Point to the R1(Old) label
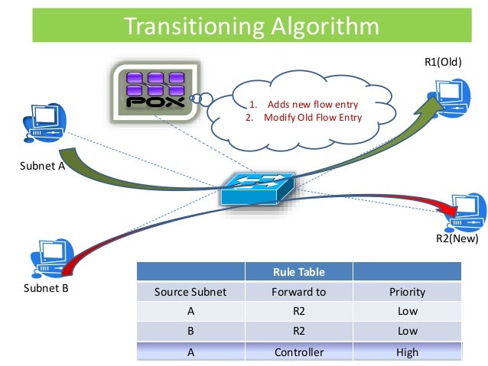click(442, 62)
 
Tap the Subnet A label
click(43, 164)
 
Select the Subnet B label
click(47, 290)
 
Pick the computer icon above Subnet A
click(45, 125)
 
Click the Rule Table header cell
click(298, 272)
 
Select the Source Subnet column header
click(190, 292)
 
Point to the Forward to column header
click(298, 292)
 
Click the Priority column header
click(407, 292)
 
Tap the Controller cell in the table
click(298, 352)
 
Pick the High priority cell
click(407, 352)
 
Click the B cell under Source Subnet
click(190, 332)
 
